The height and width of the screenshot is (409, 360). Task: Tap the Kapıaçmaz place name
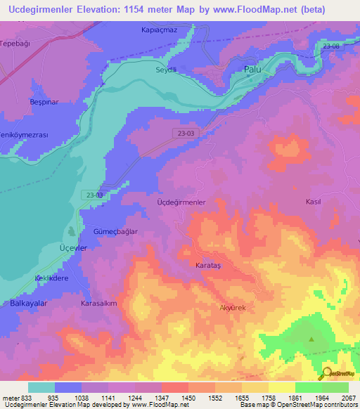click(x=158, y=31)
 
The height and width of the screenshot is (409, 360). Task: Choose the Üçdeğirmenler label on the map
click(x=180, y=202)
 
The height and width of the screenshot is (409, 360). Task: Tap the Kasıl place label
click(x=313, y=202)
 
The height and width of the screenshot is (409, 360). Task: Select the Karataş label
click(x=207, y=266)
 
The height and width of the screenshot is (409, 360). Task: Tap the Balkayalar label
click(x=28, y=303)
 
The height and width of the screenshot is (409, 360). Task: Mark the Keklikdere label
click(x=51, y=278)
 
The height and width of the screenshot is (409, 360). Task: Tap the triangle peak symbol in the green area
click(x=311, y=339)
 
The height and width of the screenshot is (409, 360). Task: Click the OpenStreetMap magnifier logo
click(x=326, y=374)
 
